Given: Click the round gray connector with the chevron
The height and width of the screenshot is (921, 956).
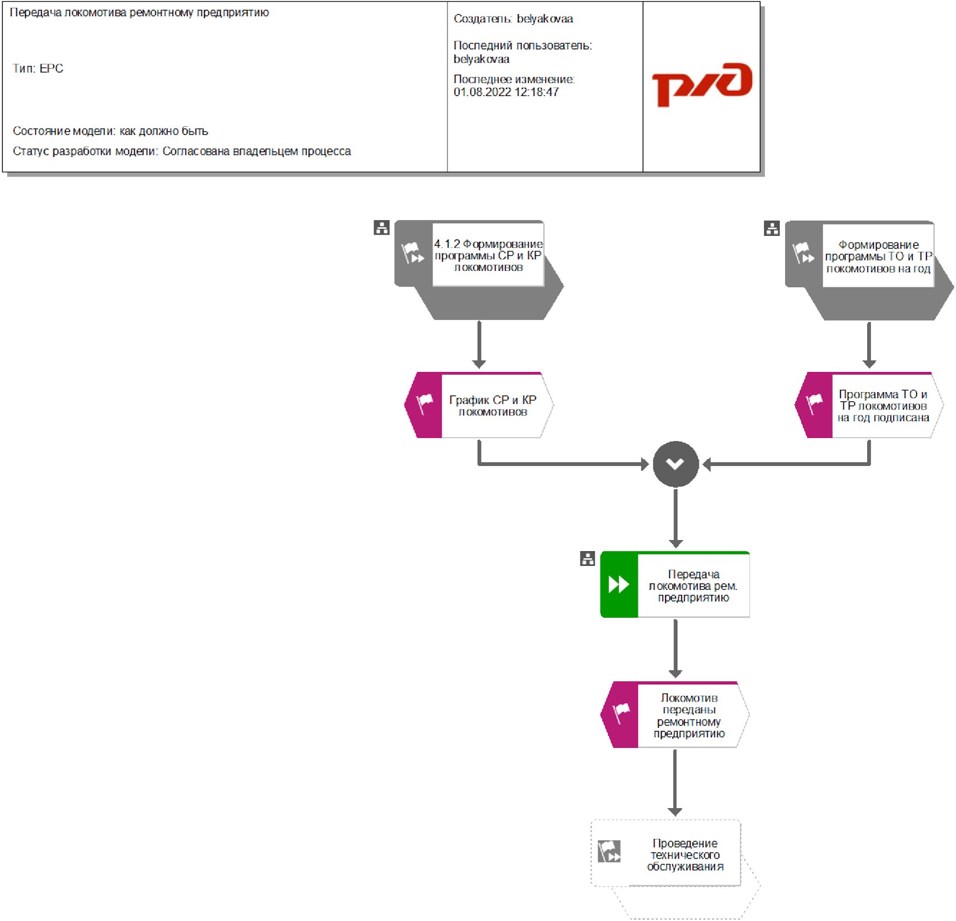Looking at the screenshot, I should point(676,464).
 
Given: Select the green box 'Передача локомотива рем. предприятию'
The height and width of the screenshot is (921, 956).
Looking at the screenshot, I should point(692,585).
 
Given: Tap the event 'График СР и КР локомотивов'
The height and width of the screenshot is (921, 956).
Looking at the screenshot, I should point(492,405).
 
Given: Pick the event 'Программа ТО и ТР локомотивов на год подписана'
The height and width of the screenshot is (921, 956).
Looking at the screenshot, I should point(882,405).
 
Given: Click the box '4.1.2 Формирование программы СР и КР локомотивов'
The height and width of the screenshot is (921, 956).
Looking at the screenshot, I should point(487,255).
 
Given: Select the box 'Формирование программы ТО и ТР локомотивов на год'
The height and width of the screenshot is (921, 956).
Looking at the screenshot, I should point(878,256).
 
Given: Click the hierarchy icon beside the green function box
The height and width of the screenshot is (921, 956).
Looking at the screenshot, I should point(587,559).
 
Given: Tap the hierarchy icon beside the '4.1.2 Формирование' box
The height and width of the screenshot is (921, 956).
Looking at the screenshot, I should point(381,228).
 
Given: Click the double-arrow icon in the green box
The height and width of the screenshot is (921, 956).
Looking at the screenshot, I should point(619,585).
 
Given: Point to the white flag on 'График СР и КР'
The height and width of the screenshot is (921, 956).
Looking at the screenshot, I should point(425,403).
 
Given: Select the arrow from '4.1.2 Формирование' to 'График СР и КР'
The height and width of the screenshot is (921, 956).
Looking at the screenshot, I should point(479,344).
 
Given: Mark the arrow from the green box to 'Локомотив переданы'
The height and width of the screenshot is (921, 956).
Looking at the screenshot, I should point(676,648).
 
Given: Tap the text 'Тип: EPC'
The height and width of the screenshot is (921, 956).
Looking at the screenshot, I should point(38,69).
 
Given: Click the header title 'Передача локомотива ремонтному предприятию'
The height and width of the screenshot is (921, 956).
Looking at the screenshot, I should point(140,12).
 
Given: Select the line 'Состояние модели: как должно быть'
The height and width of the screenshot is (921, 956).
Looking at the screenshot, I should point(111,131).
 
